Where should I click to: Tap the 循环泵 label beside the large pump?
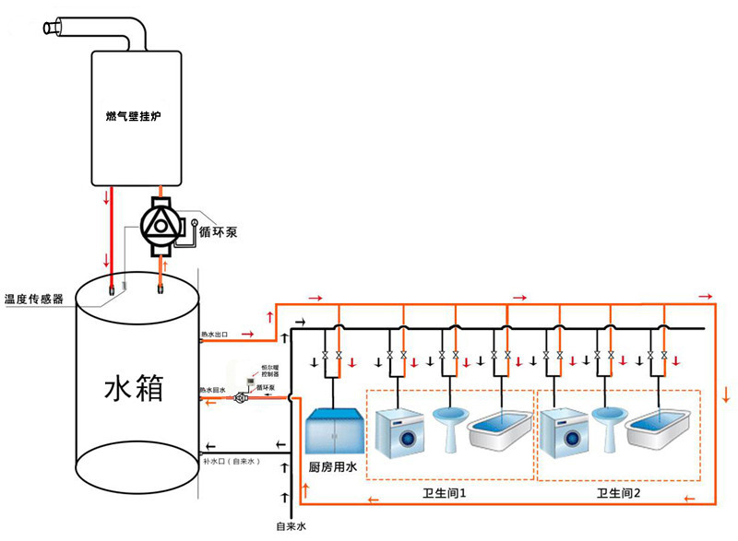[x=218, y=232]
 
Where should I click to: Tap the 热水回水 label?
[x=212, y=392]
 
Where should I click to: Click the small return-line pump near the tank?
[x=243, y=398]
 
